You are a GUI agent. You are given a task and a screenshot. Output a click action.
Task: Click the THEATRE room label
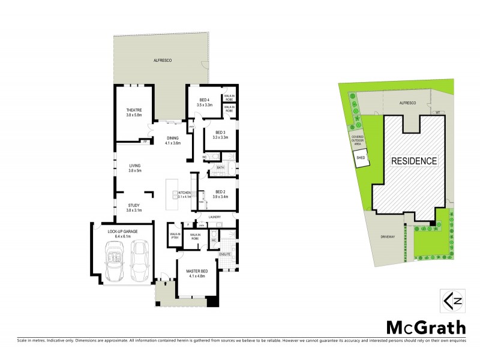[x=134, y=110]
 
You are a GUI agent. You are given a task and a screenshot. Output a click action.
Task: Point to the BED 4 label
[x=205, y=100]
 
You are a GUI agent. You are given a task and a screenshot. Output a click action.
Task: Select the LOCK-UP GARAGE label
[x=122, y=231]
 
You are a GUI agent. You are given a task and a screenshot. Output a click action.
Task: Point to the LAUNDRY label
[x=215, y=217]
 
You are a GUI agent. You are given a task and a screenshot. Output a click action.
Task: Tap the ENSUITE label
[x=225, y=254]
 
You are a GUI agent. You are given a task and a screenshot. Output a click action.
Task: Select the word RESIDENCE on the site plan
[x=415, y=161]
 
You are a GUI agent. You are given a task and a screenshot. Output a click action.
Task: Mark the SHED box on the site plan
[x=361, y=158]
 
